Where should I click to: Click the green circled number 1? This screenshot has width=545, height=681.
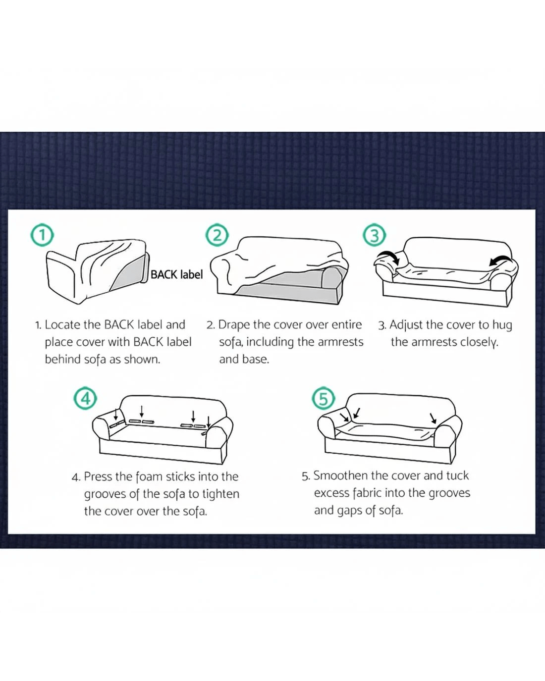(42, 235)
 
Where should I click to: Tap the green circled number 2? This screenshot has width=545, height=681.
(217, 235)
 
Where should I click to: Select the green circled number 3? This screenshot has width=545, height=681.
(374, 235)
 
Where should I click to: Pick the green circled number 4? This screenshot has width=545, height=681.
(85, 398)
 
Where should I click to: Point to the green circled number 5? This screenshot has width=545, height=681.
(324, 398)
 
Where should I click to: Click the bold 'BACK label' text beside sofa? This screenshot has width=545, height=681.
(176, 274)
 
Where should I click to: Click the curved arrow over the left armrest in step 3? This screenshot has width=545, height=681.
(389, 257)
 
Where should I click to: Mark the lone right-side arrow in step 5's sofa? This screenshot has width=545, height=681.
(433, 419)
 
